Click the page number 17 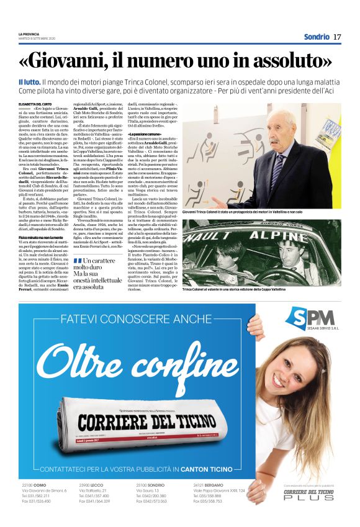coord(337,37)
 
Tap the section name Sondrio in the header coord(317,37)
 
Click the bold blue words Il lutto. coord(29,82)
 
